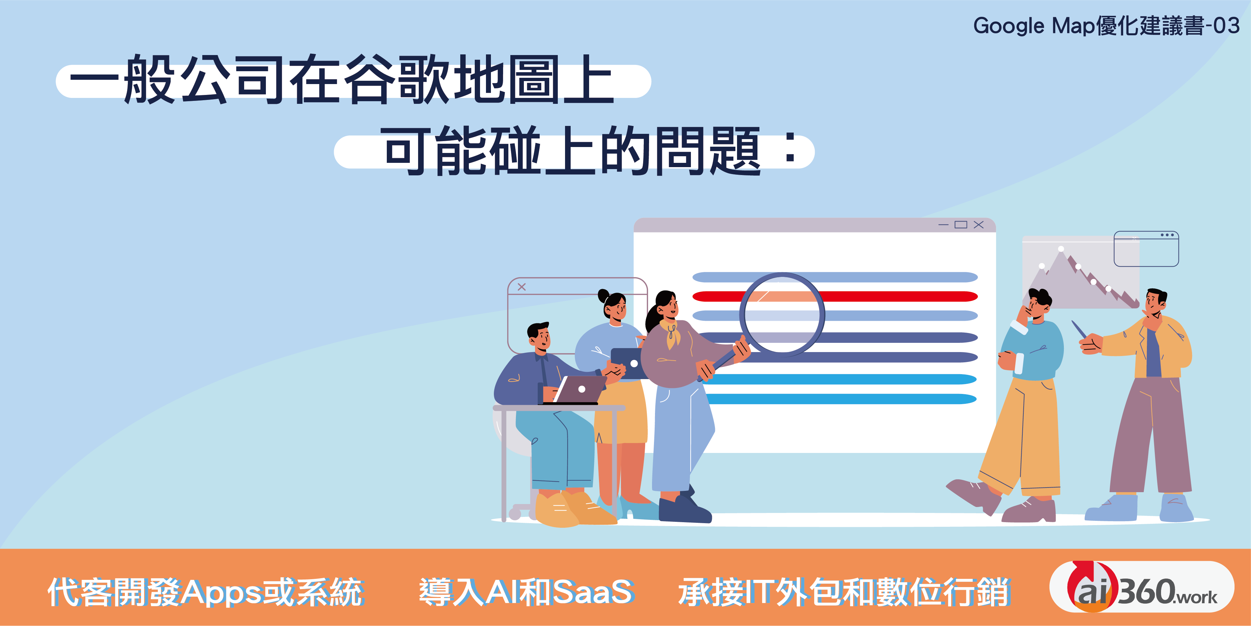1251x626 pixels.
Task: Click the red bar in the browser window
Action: (835, 296)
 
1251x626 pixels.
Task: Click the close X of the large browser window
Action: (979, 224)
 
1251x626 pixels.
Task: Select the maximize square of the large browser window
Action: (961, 224)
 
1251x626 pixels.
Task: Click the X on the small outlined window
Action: (522, 287)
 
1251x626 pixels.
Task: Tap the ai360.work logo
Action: (1142, 587)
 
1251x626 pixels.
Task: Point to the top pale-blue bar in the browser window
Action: (835, 277)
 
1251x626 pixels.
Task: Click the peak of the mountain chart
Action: (1061, 249)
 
